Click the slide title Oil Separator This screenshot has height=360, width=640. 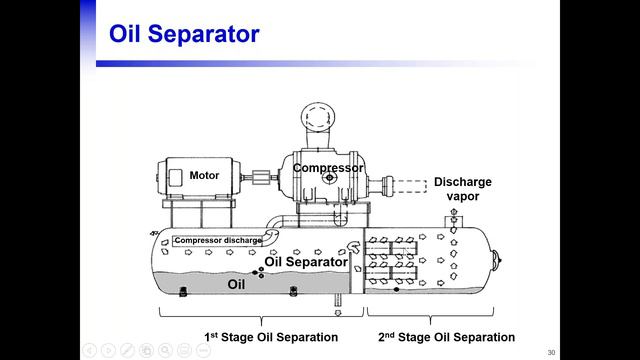pyautogui.click(x=184, y=33)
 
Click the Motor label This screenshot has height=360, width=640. pyautogui.click(x=204, y=176)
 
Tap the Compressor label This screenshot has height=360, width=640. pyautogui.click(x=328, y=168)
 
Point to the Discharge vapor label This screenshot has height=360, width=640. pyautogui.click(x=462, y=189)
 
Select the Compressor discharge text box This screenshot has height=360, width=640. pyautogui.click(x=218, y=240)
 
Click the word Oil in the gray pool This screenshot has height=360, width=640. pyautogui.click(x=236, y=284)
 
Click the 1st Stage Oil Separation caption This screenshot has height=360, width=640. pyautogui.click(x=271, y=337)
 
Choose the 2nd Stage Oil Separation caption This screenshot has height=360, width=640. pyautogui.click(x=447, y=337)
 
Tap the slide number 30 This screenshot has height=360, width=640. pyautogui.click(x=551, y=352)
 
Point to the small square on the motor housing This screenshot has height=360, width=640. pyautogui.click(x=176, y=178)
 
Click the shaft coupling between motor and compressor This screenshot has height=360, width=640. pyautogui.click(x=261, y=178)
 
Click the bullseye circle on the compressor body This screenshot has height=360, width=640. pyautogui.click(x=329, y=178)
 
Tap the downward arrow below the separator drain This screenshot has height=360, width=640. pyautogui.click(x=338, y=313)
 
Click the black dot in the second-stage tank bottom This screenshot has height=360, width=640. pyautogui.click(x=396, y=289)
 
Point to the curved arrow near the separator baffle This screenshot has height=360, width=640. pyautogui.click(x=353, y=247)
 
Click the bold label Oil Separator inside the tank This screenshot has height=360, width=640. pyautogui.click(x=306, y=262)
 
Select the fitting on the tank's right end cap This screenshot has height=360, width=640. pyautogui.click(x=497, y=260)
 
